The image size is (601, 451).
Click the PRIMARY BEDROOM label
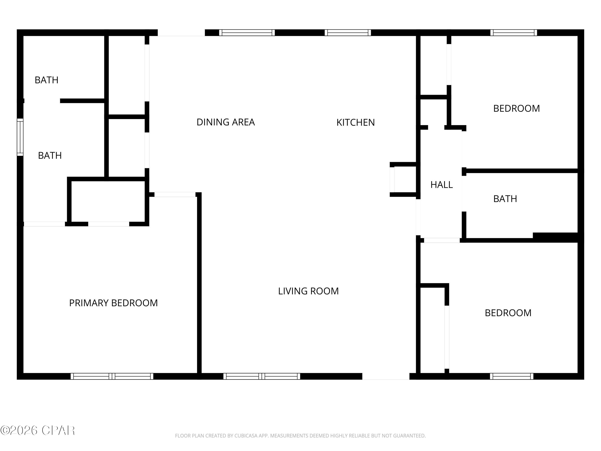(113, 303)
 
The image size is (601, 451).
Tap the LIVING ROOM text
(308, 291)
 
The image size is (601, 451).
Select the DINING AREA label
(226, 122)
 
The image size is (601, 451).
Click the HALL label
(442, 185)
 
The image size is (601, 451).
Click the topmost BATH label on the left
(46, 80)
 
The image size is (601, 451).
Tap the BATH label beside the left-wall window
(50, 156)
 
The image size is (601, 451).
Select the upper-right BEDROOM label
(516, 108)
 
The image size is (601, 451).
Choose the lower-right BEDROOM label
(508, 313)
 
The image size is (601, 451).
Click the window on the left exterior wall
(20, 137)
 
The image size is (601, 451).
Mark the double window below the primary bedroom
(112, 376)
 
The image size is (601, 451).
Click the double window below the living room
(262, 376)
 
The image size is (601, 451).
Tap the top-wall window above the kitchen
(348, 33)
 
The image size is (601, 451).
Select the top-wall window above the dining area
(247, 33)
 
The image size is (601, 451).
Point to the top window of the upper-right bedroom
(513, 33)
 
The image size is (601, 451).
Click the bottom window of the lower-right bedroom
(512, 376)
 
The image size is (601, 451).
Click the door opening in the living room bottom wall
(386, 376)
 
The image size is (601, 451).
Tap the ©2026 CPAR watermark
(37, 430)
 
